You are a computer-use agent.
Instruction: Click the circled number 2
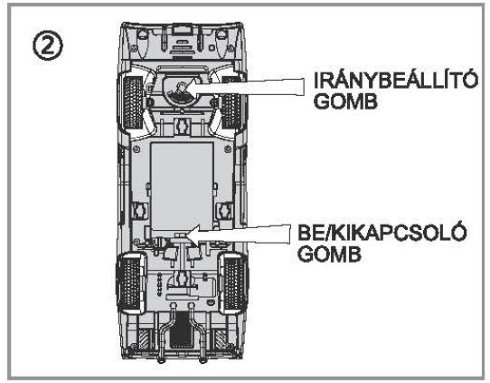[x=48, y=46]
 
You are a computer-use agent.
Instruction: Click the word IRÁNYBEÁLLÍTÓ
[x=396, y=80]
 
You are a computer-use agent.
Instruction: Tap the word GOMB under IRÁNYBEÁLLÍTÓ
[x=345, y=101]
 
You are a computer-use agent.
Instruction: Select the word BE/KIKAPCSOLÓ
[x=382, y=233]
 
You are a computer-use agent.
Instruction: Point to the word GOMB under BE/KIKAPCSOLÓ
[x=329, y=254]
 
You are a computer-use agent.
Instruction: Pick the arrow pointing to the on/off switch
[x=238, y=235]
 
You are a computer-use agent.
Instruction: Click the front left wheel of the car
[x=133, y=102]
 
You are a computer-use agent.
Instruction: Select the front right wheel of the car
[x=232, y=103]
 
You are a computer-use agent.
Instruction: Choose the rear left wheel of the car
[x=130, y=283]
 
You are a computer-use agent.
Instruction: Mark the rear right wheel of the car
[x=234, y=283]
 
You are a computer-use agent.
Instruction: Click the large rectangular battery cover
[x=182, y=187]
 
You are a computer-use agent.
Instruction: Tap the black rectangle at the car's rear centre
[x=181, y=330]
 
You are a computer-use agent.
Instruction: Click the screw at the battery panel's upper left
[x=136, y=149]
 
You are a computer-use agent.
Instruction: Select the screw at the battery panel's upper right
[x=228, y=149]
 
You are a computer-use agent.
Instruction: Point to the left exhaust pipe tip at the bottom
[x=162, y=359]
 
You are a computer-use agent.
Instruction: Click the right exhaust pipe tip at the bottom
[x=203, y=359]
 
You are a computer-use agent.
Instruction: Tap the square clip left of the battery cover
[x=140, y=211]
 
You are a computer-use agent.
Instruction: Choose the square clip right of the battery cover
[x=224, y=211]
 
